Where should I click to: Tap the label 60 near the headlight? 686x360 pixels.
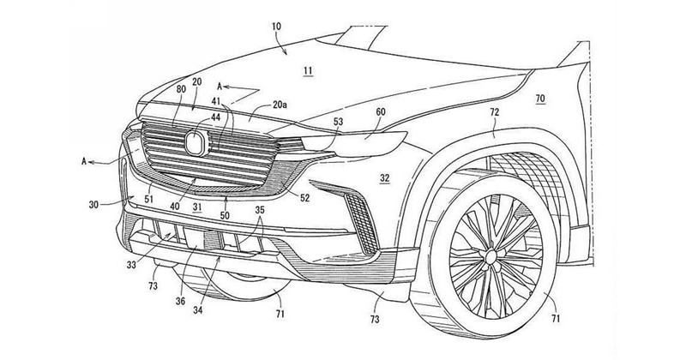tap(380, 111)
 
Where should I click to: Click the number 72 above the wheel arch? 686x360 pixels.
tap(495, 111)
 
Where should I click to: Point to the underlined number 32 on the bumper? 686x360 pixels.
tap(385, 178)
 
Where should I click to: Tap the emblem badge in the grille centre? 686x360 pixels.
tap(198, 143)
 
